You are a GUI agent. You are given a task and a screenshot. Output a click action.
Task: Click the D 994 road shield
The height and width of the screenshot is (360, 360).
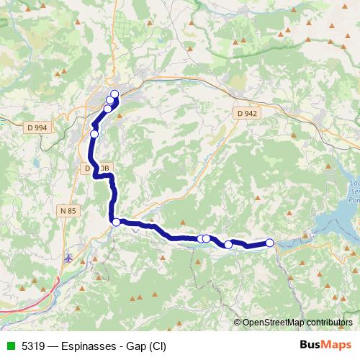click(36, 127)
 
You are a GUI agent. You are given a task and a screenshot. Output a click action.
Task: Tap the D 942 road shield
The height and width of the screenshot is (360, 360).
click(246, 113)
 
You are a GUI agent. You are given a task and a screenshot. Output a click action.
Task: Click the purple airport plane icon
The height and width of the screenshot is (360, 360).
click(68, 257)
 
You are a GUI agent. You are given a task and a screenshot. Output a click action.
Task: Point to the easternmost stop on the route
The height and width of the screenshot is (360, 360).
click(270, 243)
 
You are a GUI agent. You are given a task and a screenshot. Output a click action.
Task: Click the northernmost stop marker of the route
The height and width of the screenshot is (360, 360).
click(114, 94)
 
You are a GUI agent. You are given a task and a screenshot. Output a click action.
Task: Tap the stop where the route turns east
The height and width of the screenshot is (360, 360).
click(116, 222)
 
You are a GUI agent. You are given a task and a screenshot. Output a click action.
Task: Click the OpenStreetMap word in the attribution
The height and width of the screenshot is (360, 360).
click(273, 323)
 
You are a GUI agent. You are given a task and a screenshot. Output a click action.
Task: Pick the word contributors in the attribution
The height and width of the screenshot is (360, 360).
click(328, 323)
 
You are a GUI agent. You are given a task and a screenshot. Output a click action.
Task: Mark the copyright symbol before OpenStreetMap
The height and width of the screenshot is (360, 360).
click(238, 323)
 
